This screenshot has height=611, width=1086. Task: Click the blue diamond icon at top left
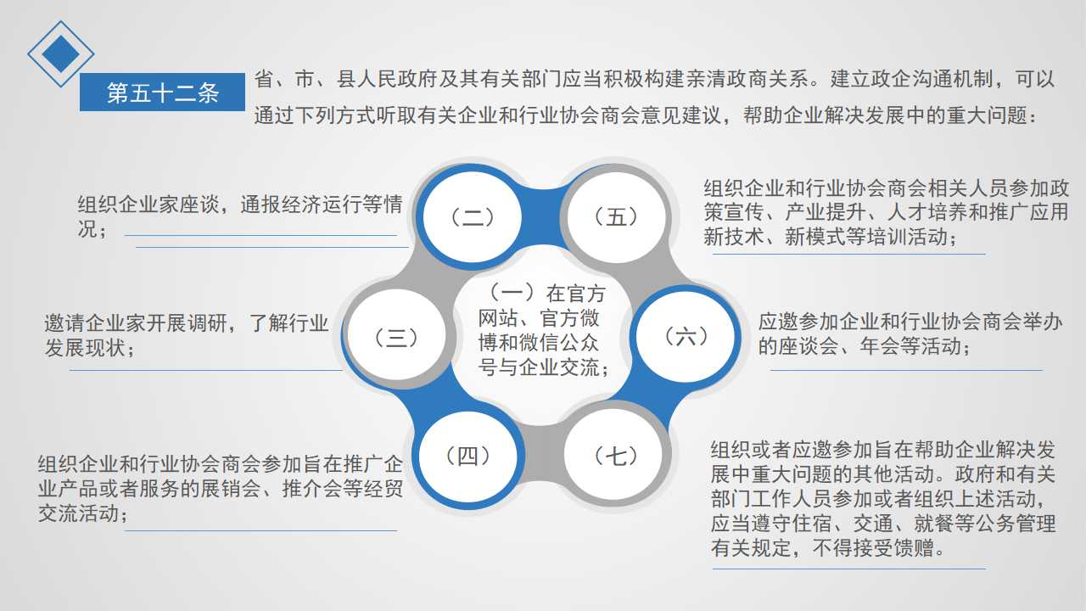(x=60, y=53)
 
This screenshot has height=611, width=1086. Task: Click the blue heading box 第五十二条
(x=162, y=92)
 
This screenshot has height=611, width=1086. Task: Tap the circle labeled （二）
(x=473, y=216)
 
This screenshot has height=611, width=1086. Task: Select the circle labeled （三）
(x=396, y=337)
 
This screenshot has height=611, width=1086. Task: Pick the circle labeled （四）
(x=467, y=456)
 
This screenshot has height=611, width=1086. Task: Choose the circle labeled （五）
(x=616, y=216)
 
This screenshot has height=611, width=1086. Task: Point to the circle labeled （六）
(x=686, y=337)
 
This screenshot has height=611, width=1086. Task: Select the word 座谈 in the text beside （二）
(x=199, y=205)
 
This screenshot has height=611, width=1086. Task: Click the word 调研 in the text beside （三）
(x=208, y=323)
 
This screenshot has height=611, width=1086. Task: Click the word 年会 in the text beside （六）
(x=880, y=346)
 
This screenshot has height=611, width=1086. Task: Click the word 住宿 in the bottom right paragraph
(x=812, y=524)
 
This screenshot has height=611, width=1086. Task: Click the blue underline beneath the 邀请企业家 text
(x=205, y=371)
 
